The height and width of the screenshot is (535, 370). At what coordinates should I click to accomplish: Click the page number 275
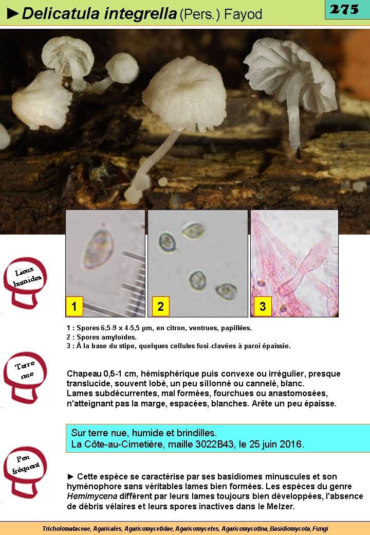(344, 9)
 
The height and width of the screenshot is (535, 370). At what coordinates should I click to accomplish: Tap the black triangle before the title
(13, 14)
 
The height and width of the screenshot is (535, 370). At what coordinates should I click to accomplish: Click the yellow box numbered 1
(75, 306)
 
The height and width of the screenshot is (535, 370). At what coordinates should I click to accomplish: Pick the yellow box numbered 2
(160, 306)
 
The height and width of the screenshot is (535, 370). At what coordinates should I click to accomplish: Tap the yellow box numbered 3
(263, 306)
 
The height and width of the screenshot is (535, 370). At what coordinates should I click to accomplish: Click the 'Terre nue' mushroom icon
(25, 378)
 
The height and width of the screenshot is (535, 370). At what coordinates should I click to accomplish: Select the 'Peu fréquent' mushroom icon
(25, 472)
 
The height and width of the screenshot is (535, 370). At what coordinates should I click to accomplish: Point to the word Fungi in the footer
(320, 529)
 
